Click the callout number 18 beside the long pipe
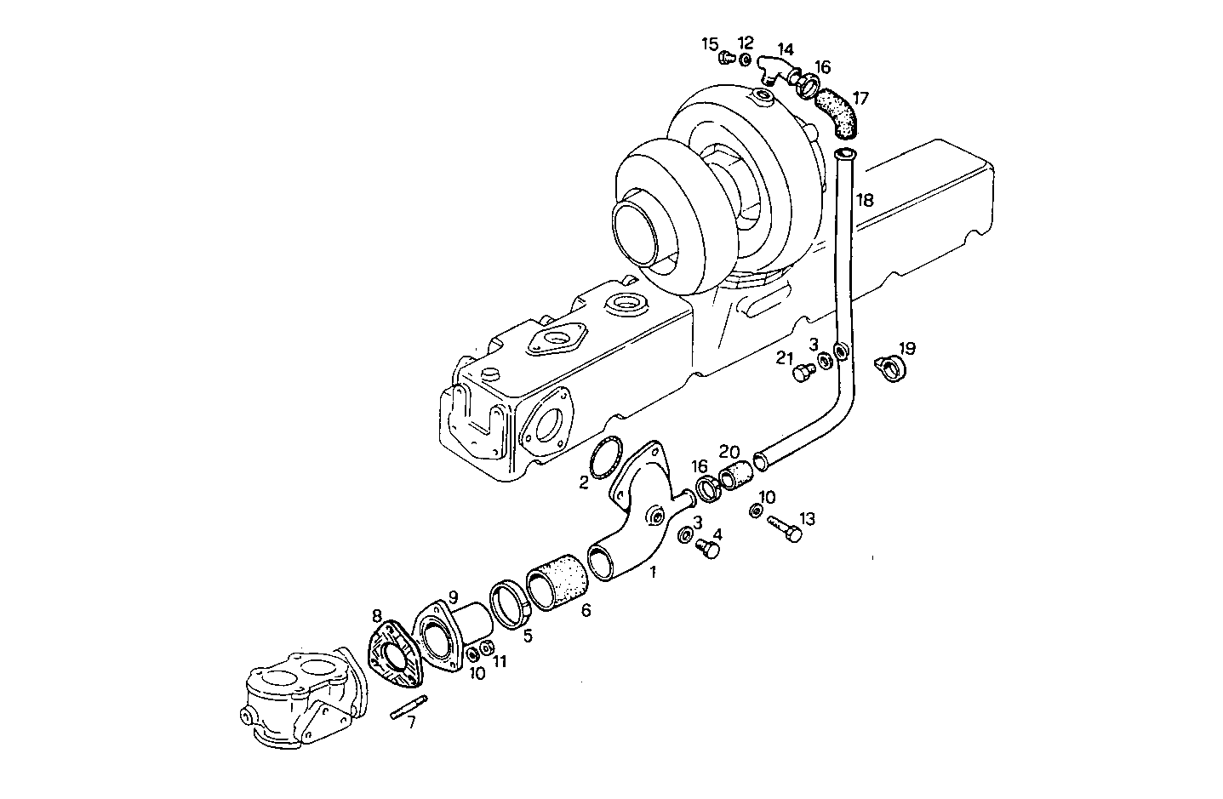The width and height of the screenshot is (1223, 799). point(865,201)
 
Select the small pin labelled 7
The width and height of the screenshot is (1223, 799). point(409,708)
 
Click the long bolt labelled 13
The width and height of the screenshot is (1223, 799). point(786,529)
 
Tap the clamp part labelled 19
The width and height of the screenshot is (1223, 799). point(891,366)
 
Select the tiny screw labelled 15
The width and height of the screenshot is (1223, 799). point(725,59)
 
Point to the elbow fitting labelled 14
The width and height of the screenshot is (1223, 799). point(774,70)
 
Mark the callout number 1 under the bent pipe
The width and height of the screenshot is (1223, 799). point(654,573)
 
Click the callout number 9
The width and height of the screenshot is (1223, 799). point(454,596)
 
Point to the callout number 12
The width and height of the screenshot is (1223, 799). point(746,42)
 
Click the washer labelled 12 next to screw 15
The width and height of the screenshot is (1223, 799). point(745,60)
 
